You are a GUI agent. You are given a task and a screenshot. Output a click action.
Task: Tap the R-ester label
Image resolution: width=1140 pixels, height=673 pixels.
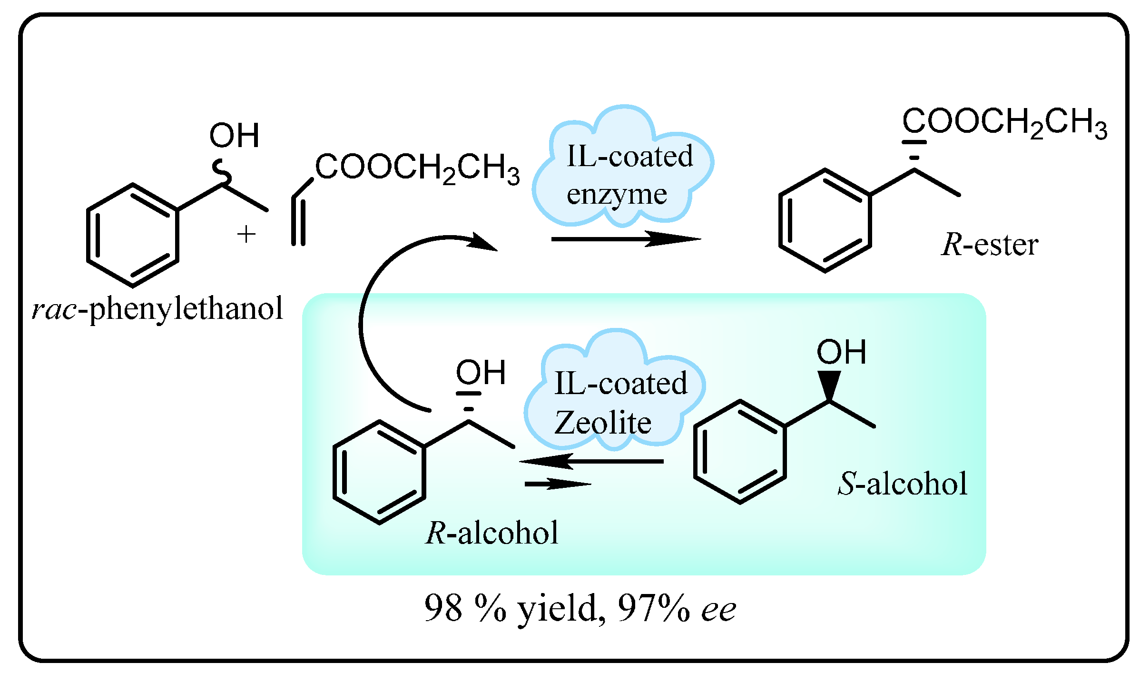point(989,245)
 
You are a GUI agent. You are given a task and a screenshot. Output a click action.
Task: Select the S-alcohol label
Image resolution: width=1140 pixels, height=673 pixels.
point(902,484)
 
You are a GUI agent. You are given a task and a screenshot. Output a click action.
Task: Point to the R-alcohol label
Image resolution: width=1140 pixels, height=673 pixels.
point(491,533)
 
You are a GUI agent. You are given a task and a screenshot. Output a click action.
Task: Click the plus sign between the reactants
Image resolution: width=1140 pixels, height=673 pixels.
point(246,234)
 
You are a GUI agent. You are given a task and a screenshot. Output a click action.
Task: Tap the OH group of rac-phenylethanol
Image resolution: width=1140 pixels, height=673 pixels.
point(234,135)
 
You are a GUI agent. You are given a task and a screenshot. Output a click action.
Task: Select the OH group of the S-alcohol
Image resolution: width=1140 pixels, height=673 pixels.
point(841,352)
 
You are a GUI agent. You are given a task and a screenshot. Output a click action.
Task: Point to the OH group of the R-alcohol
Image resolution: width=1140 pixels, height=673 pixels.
point(481,372)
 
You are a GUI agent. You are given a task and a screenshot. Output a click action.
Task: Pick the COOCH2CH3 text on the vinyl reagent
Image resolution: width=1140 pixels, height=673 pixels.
point(417,168)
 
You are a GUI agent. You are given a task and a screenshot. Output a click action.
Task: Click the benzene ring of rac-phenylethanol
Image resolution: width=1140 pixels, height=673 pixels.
point(132,235)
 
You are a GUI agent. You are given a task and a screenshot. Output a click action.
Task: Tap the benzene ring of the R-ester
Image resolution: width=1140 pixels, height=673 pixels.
point(825,220)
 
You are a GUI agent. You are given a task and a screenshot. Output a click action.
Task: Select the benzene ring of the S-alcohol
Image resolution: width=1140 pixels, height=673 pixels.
point(739,451)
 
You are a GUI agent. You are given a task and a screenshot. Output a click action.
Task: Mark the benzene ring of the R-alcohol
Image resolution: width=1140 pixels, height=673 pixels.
point(379,472)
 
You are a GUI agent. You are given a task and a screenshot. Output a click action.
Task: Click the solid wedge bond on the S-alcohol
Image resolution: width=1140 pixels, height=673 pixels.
point(829,385)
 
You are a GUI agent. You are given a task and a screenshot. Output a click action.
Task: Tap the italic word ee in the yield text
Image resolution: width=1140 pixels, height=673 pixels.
point(718,609)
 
